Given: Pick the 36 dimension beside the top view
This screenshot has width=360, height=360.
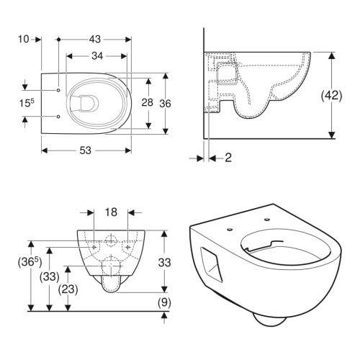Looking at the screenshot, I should [x=165, y=102].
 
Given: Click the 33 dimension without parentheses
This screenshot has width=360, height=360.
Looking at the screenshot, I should [x=164, y=264].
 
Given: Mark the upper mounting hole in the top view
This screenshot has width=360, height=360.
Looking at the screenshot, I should [x=57, y=90].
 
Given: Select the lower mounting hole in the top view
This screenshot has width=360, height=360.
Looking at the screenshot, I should [x=57, y=114].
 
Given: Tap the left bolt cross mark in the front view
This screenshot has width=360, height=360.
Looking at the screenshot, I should [x=94, y=246].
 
